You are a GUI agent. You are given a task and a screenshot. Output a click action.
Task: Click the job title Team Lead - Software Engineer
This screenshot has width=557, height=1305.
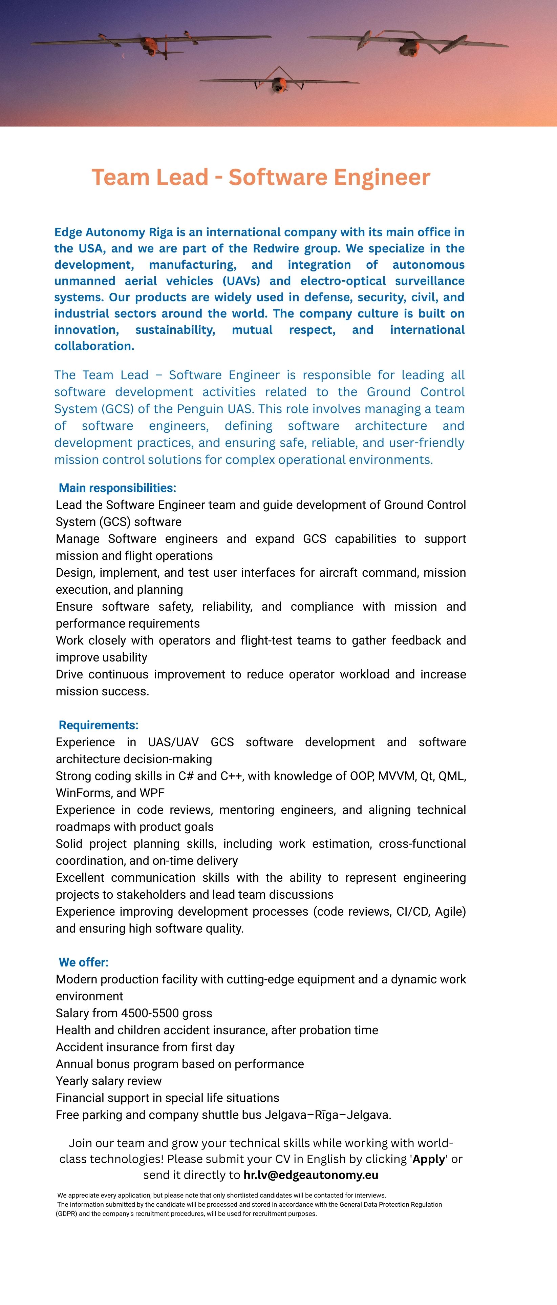tap(261, 177)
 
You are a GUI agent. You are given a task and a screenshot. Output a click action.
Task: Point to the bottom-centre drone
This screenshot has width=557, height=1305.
tap(278, 83)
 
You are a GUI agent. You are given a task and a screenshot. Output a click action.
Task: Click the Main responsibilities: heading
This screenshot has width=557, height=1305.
tap(117, 488)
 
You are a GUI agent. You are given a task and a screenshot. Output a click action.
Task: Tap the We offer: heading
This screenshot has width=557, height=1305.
tap(84, 962)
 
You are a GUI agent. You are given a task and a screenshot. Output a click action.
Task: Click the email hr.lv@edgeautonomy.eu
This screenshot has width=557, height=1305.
tap(311, 1175)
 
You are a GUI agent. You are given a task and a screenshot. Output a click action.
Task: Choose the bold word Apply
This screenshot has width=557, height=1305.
tap(429, 1159)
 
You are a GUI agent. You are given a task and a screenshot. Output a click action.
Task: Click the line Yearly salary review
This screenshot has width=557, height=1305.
tap(108, 1081)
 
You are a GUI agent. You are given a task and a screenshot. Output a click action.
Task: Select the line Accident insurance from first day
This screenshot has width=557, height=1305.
tap(145, 1047)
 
